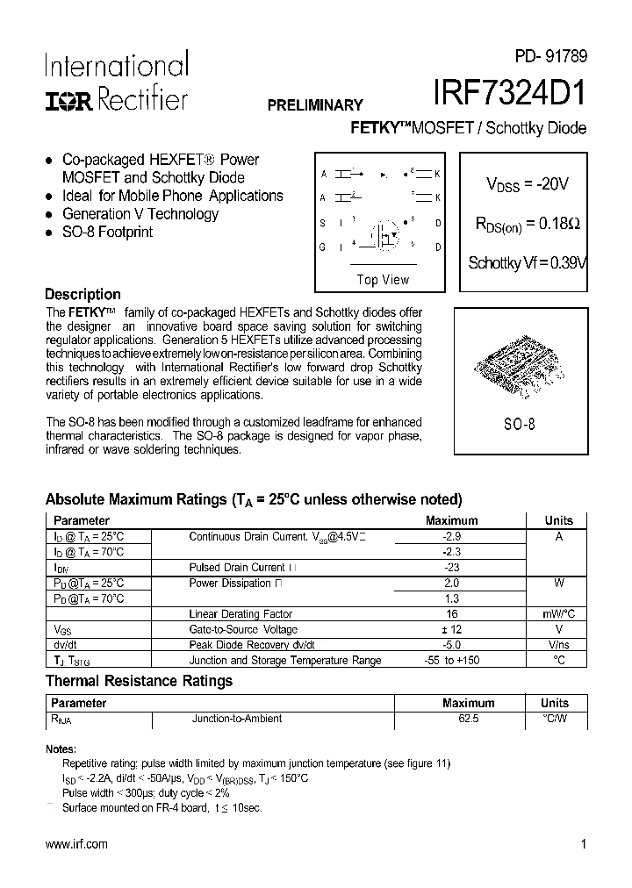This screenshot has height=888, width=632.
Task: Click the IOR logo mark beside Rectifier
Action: [x=68, y=101]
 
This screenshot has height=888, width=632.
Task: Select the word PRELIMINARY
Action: [x=315, y=104]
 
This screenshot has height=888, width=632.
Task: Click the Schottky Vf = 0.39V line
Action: [x=527, y=262]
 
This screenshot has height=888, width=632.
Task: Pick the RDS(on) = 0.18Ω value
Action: [x=527, y=224]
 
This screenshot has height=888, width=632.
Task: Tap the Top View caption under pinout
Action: [x=383, y=280]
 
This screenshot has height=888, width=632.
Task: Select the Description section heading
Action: [x=83, y=295]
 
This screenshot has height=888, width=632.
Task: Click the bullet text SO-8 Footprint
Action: [x=107, y=233]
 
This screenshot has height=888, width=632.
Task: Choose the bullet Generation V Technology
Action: [x=140, y=214]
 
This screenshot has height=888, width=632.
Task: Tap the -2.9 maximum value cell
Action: [x=452, y=536]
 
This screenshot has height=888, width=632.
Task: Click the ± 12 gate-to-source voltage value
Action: [x=452, y=630]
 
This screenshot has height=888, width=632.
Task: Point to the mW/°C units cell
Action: [x=558, y=614]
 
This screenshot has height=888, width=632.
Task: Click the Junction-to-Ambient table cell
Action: [x=237, y=719]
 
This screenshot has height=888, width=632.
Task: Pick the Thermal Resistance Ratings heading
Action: [x=139, y=681]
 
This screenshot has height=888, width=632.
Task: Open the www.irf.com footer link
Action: [x=76, y=844]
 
